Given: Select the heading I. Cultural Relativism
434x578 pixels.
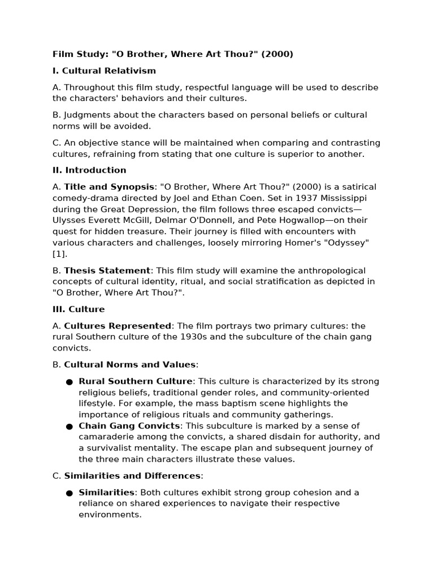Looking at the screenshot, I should coord(104,71).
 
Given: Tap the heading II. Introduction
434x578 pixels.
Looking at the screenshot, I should coord(89,170).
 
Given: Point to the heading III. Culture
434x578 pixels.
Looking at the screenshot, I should coord(79,309).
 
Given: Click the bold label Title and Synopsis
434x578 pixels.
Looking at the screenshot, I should coord(108,187).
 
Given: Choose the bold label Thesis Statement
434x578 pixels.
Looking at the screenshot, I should coord(107,270).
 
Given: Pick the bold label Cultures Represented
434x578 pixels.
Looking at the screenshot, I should coord(118,326).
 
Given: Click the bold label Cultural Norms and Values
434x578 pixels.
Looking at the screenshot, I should coord(129,365).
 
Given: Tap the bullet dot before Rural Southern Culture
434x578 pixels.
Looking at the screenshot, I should coord(70,382).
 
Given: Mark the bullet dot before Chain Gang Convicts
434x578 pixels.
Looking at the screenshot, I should coord(70,426).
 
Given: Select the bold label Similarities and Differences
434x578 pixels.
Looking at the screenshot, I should coord(132,476).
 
